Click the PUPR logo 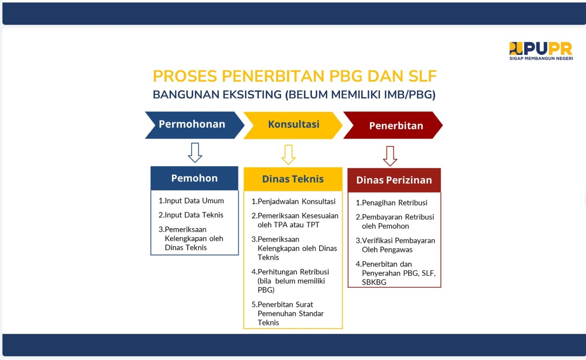pyautogui.click(x=541, y=51)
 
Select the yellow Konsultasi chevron pyautogui.click(x=293, y=125)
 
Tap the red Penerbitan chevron pyautogui.click(x=393, y=125)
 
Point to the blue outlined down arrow pyautogui.click(x=195, y=153)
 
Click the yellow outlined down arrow pyautogui.click(x=288, y=154)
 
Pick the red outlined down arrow pyautogui.click(x=390, y=156)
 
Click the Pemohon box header pyautogui.click(x=194, y=178)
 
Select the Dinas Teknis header pyautogui.click(x=293, y=179)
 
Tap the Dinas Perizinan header pyautogui.click(x=394, y=180)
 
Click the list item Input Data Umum pyautogui.click(x=191, y=201)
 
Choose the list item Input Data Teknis pyautogui.click(x=191, y=215)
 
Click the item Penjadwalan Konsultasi pyautogui.click(x=293, y=201)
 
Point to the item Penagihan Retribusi pyautogui.click(x=392, y=203)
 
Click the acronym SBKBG pyautogui.click(x=374, y=282)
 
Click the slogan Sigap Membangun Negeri pyautogui.click(x=541, y=58)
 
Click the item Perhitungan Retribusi pyautogui.click(x=290, y=272)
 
